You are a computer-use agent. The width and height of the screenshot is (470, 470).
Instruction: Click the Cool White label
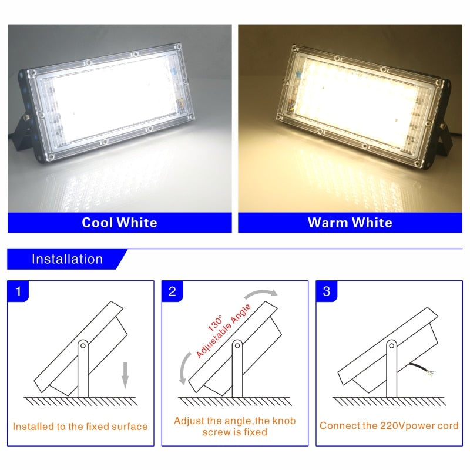[x=119, y=223]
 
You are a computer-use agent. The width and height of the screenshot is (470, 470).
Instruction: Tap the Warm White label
[x=350, y=223]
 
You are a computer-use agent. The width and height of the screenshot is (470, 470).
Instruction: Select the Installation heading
[x=67, y=259]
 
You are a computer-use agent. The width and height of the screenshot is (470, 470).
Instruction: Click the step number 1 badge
[x=19, y=291]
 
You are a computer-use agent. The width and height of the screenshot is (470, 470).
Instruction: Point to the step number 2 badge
[x=172, y=291]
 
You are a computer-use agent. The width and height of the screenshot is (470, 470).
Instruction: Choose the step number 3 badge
[x=327, y=291]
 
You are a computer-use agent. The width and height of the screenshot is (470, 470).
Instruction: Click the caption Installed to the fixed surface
[x=80, y=427]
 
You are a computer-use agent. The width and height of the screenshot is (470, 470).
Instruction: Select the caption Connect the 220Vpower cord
[x=389, y=425]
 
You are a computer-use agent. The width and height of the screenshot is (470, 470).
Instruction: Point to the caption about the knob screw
[x=234, y=427]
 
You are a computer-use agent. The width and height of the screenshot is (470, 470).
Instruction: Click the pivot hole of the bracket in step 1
[x=82, y=346]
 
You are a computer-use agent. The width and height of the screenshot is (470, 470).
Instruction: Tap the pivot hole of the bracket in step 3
[x=391, y=346]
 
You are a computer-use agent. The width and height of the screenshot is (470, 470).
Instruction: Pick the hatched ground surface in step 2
[x=235, y=401]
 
